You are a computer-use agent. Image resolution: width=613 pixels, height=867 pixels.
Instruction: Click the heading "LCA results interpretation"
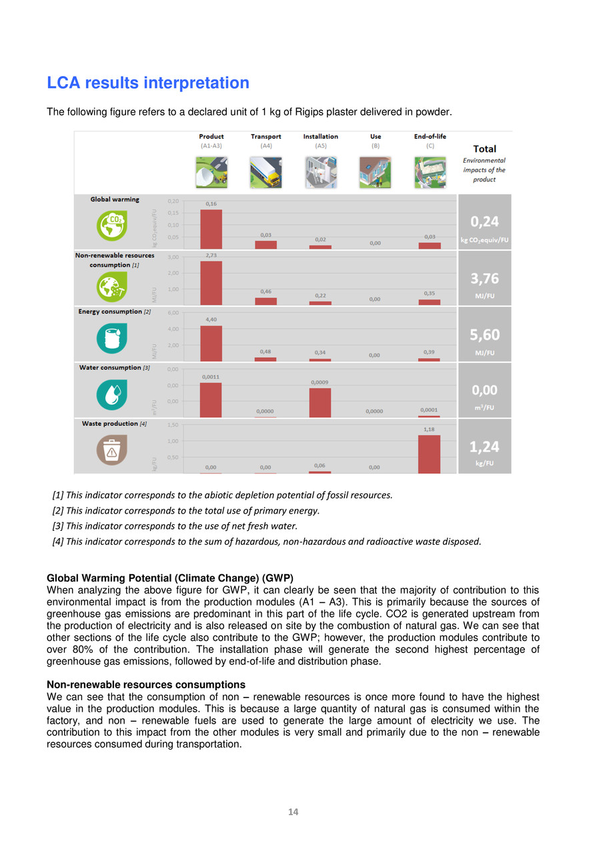coord(148,83)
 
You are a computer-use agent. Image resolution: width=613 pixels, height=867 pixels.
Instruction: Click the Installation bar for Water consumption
coord(320,403)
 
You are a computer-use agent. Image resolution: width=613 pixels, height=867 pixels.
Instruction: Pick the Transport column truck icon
coord(265,172)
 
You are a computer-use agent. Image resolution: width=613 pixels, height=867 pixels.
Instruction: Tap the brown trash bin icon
coord(111,450)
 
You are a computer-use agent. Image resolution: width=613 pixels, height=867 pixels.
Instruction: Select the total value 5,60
coord(485,335)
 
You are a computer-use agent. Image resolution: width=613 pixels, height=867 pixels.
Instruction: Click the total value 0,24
coord(485,222)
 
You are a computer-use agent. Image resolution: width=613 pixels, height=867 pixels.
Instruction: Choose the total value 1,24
coord(485,447)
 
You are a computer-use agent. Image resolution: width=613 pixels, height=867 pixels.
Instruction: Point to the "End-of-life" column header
coord(430,137)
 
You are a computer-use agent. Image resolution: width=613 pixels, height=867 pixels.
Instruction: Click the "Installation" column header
coord(320,137)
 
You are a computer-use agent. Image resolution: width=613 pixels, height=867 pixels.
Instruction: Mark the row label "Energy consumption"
coord(110,311)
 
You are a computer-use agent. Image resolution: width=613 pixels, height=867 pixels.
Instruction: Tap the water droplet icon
coord(111,393)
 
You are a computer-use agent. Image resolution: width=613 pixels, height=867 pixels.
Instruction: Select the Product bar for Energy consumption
coord(211,343)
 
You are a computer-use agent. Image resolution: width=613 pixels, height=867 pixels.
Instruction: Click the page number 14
coord(293,812)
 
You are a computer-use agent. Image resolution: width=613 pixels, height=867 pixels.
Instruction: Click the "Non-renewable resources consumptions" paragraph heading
coord(146,684)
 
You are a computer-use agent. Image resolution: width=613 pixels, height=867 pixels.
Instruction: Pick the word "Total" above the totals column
coord(484,149)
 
